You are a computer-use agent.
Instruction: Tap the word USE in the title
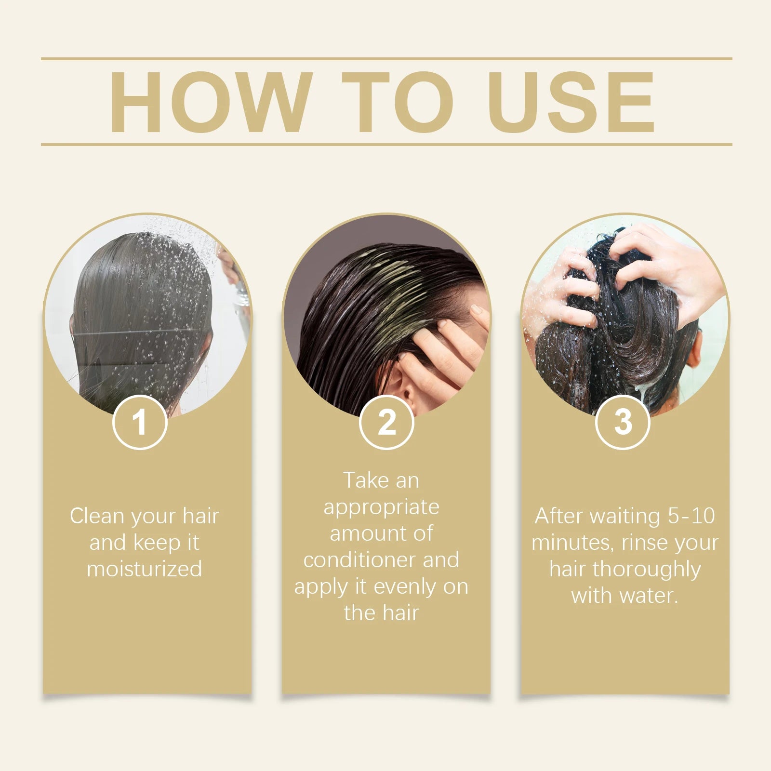coord(573,102)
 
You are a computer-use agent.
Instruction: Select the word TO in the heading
coord(398,102)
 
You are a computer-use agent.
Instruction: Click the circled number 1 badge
coord(140,422)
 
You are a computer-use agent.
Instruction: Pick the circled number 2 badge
coord(386,422)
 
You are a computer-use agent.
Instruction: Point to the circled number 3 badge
coord(623,422)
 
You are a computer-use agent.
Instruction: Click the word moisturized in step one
coord(144,569)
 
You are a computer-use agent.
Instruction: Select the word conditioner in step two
coord(359,560)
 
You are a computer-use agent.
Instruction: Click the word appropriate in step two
coord(381,507)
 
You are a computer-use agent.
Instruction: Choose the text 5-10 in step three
coord(691,516)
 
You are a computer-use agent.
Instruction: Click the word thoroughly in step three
coord(647,570)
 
